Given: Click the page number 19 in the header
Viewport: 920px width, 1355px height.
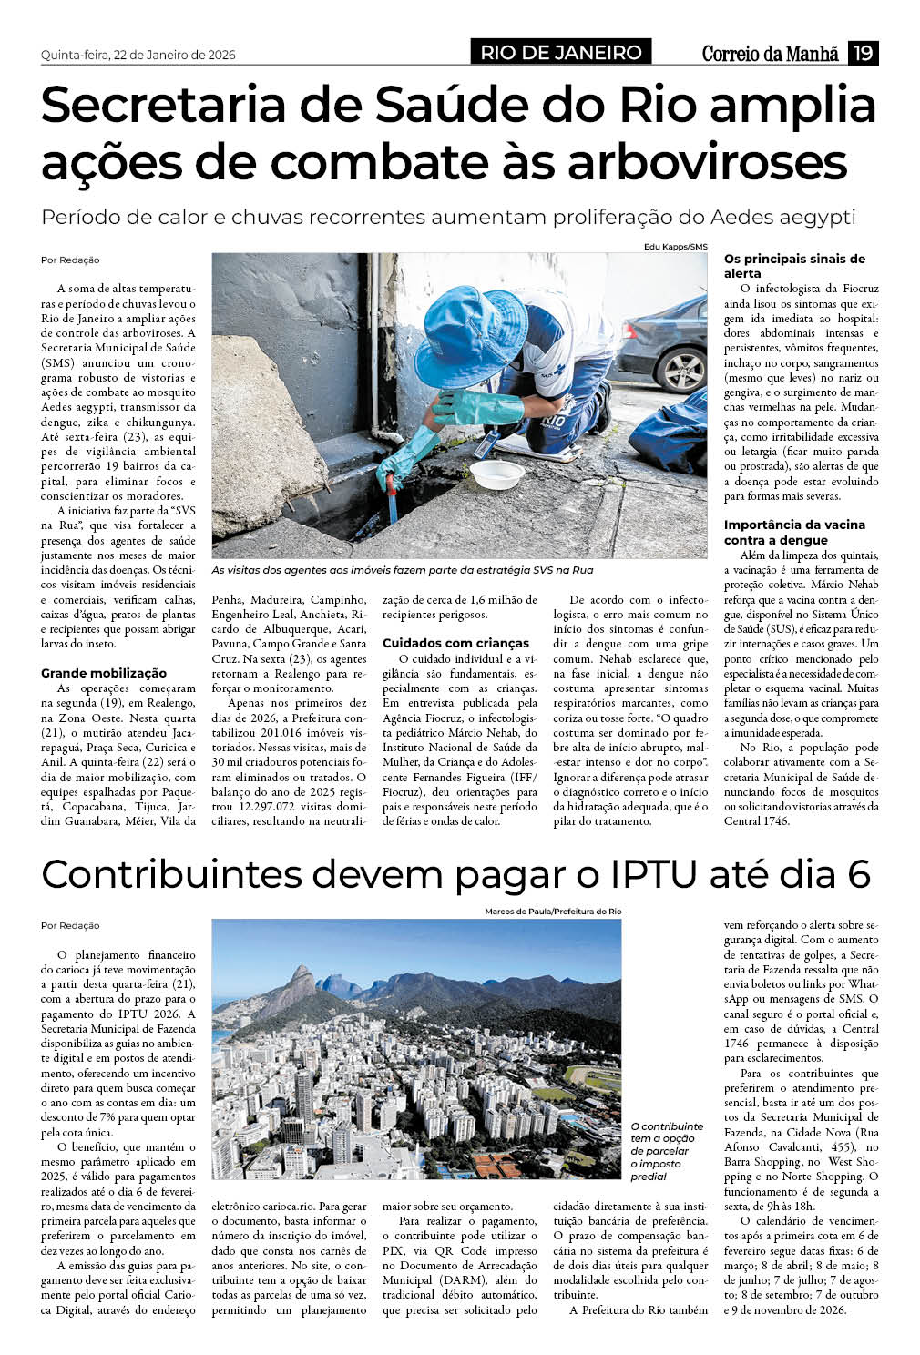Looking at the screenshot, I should click(x=863, y=53).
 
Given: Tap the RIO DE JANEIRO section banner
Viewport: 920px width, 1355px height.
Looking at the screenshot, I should click(x=560, y=53).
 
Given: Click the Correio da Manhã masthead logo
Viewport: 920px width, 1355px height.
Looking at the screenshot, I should click(x=770, y=54).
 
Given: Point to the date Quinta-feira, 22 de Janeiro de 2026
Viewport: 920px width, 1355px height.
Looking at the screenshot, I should click(x=138, y=55).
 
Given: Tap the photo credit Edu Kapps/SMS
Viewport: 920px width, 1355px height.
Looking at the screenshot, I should click(x=675, y=247).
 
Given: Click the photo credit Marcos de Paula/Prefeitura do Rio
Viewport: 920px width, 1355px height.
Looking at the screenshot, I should click(x=553, y=912).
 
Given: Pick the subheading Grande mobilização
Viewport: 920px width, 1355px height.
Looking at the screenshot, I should click(x=104, y=673).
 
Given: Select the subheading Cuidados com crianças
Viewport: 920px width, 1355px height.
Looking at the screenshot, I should click(x=455, y=643).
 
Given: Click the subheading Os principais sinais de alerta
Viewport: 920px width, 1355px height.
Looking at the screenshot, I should click(x=794, y=266).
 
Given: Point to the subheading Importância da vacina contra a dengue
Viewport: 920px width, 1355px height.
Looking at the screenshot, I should click(x=794, y=532).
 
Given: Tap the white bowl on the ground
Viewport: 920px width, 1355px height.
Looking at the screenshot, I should click(x=496, y=473).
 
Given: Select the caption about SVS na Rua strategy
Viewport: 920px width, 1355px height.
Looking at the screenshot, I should click(x=402, y=570).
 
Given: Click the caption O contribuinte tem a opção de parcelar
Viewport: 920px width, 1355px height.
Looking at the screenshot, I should click(x=667, y=1151).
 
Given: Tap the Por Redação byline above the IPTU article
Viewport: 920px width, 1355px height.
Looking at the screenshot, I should click(x=70, y=925).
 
